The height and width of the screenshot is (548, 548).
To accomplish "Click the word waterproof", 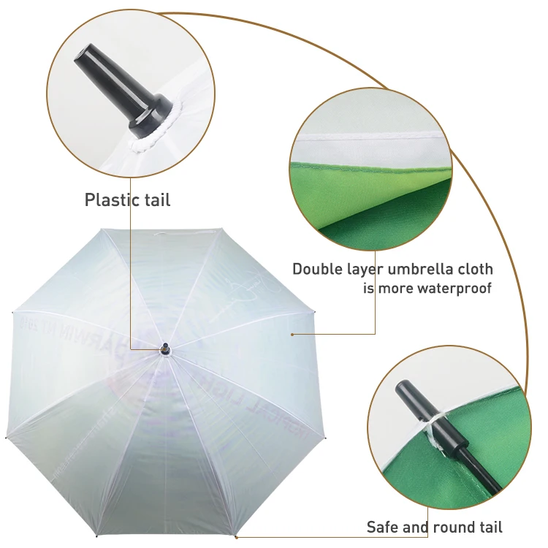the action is click(454, 288).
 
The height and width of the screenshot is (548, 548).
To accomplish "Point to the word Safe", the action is click(383, 527).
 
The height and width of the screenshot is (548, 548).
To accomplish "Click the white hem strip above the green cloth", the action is click(365, 138).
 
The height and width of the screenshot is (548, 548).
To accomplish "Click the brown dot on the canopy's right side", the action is click(292, 335).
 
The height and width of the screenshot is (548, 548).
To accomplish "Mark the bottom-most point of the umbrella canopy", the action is click(235, 536).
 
